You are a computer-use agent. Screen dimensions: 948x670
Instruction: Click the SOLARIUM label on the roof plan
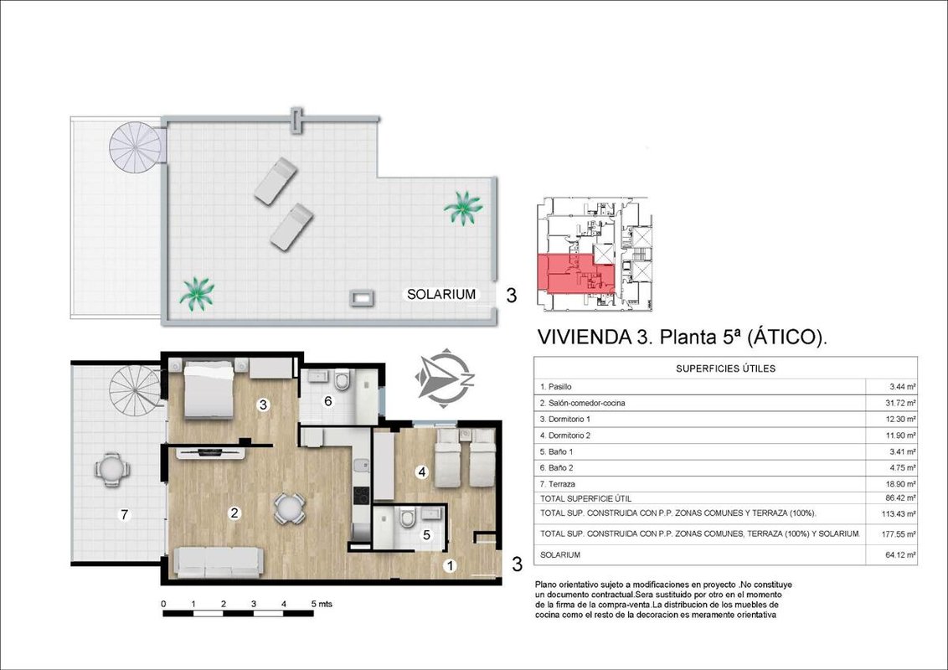pos(441,295)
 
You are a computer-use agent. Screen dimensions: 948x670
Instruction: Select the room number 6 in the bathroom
pos(328,401)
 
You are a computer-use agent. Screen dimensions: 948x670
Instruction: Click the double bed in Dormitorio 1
pos(209,389)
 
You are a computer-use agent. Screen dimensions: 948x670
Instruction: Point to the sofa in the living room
pos(219,562)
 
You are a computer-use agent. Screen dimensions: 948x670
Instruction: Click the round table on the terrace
pos(111,469)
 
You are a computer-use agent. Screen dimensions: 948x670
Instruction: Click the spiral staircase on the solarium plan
pos(137,147)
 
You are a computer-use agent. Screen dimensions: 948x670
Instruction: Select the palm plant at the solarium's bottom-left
pos(197,293)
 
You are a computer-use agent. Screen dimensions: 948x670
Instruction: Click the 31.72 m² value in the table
pos(900,403)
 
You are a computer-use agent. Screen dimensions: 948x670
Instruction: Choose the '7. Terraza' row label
pos(558,484)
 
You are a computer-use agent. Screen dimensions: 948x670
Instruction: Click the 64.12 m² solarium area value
pos(900,554)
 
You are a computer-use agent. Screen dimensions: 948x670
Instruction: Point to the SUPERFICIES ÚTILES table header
pos(725,368)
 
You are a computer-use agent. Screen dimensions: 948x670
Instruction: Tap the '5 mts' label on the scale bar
pos(322,604)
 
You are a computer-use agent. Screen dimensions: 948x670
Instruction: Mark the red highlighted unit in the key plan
pos(576,273)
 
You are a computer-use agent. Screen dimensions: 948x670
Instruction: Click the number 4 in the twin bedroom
pos(421,472)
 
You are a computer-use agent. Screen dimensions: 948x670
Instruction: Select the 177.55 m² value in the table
pos(899,534)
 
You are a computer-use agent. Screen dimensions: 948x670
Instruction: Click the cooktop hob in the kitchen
pos(361,495)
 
